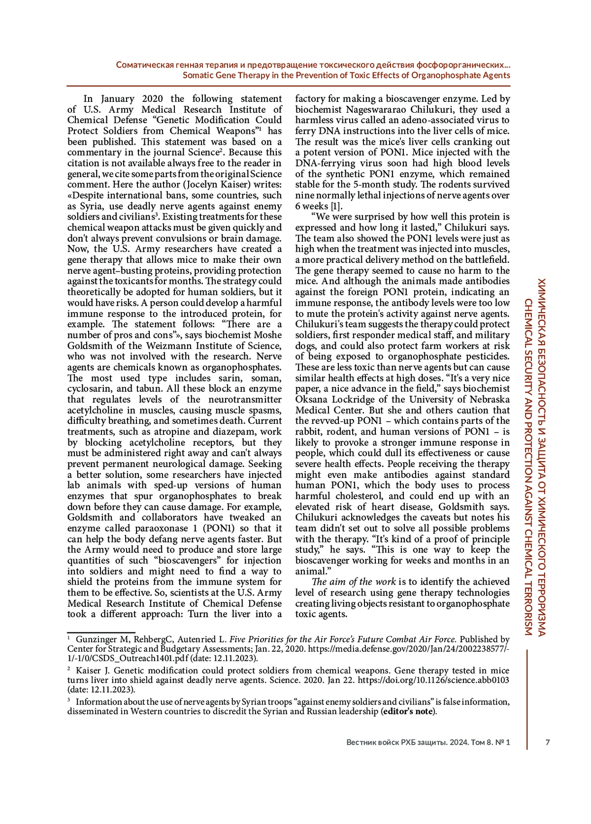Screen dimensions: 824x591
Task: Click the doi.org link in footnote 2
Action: point(433,680)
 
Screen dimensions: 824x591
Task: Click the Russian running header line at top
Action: point(313,65)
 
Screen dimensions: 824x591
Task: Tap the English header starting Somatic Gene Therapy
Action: point(346,75)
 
